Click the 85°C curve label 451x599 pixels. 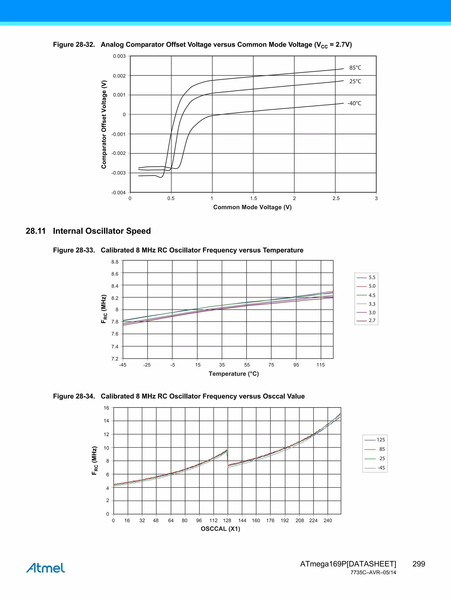click(355, 68)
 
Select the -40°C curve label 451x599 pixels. click(354, 103)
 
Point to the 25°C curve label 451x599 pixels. click(355, 81)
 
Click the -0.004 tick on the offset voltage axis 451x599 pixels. click(118, 193)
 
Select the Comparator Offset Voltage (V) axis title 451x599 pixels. click(104, 124)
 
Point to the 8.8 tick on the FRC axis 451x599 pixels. click(115, 262)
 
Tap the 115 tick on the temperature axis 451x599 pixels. click(320, 365)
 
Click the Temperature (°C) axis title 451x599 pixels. click(234, 374)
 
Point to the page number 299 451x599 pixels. click(418, 564)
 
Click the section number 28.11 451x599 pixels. click(35, 231)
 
